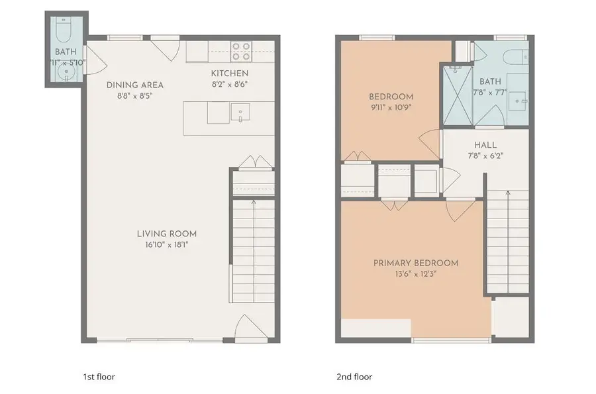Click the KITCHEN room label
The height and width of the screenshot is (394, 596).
click(230, 73)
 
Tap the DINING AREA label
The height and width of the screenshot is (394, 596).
click(135, 85)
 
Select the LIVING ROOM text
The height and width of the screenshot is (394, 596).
click(167, 234)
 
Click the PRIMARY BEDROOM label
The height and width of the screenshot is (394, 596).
click(416, 263)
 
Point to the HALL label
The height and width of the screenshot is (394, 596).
click(485, 145)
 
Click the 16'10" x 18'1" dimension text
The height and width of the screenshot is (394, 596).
click(167, 244)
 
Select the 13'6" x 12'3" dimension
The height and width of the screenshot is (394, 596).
click(416, 273)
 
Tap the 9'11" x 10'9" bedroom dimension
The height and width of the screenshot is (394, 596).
click(391, 107)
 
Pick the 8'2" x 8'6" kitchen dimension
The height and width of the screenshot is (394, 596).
click(230, 84)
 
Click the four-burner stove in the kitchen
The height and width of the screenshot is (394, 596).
click(241, 52)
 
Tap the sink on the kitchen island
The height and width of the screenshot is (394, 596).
click(239, 113)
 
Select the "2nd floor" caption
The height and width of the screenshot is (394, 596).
click(354, 377)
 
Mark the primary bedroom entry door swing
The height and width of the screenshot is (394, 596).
click(460, 209)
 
